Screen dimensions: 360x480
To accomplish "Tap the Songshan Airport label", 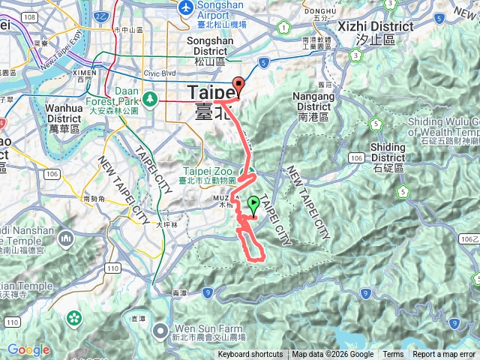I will (224, 10).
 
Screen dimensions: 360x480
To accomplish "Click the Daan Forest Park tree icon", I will (151, 97).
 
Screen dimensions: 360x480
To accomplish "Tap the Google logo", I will (28, 349).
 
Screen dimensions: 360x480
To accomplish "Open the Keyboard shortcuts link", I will (250, 355).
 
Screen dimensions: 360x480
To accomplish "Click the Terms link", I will (393, 355).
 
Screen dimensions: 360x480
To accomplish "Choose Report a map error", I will (444, 355).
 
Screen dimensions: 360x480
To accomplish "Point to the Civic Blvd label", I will (158, 73).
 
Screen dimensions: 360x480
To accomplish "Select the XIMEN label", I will (84, 72).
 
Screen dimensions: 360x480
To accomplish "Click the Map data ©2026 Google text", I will (333, 355).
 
